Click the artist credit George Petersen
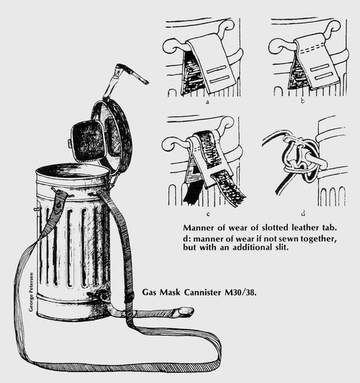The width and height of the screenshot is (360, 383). [31, 292]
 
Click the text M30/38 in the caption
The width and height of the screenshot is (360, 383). [240, 292]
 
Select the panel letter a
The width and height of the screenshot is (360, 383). [207, 102]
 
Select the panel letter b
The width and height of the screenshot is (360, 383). [302, 101]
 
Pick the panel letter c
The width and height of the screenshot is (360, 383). [208, 215]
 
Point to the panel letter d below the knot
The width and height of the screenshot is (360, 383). [303, 214]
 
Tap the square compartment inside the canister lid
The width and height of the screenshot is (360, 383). [86, 140]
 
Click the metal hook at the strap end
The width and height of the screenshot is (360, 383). [184, 312]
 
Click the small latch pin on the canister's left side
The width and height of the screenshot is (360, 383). [36, 209]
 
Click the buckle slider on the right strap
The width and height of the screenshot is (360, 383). [129, 298]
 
